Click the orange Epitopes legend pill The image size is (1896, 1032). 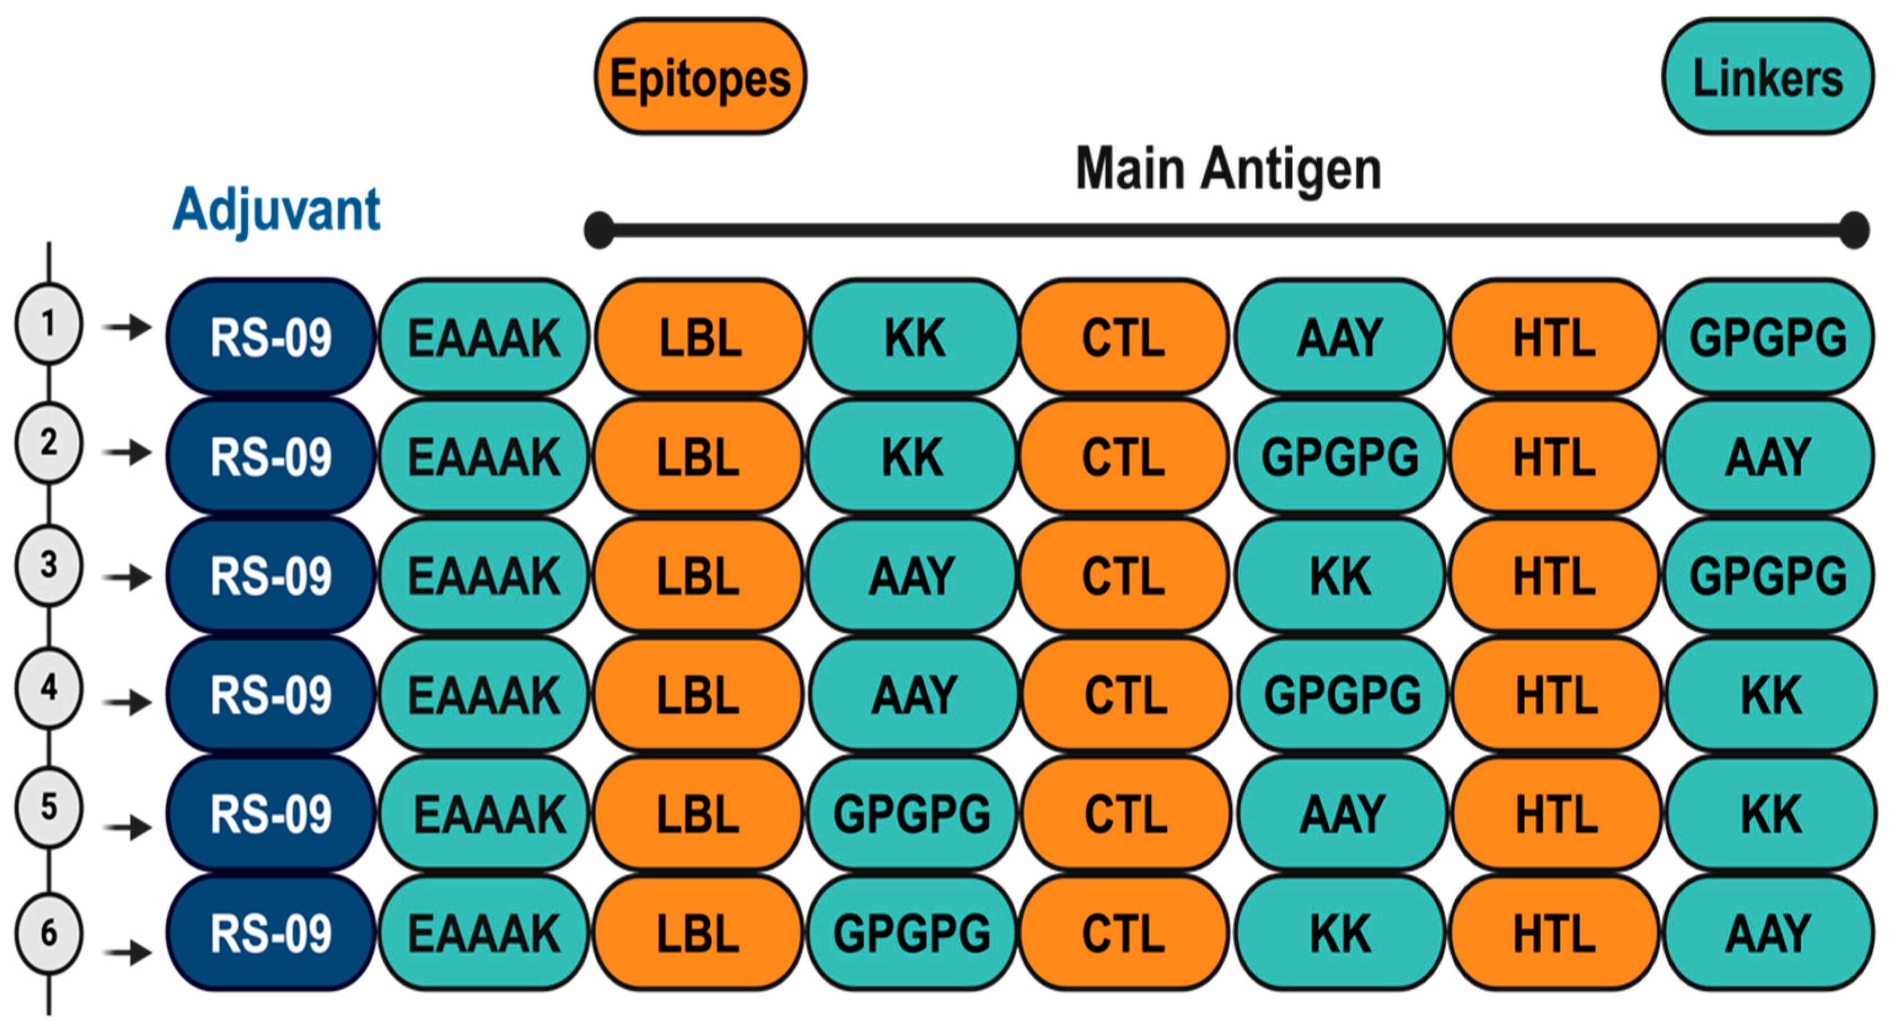[x=700, y=77]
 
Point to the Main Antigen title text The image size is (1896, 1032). [x=1228, y=169]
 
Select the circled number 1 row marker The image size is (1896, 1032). [x=48, y=324]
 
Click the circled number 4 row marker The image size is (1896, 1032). [x=48, y=688]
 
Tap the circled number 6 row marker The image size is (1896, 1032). [x=48, y=933]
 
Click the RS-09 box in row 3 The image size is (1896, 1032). [x=271, y=575]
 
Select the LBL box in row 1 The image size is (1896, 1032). [x=700, y=338]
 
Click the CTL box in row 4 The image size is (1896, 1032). [x=1125, y=695]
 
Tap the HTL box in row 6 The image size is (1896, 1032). [x=1554, y=933]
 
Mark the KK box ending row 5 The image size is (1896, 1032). [x=1770, y=814]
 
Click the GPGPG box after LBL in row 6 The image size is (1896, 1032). [x=913, y=933]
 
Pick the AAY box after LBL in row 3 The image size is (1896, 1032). [x=913, y=575]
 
